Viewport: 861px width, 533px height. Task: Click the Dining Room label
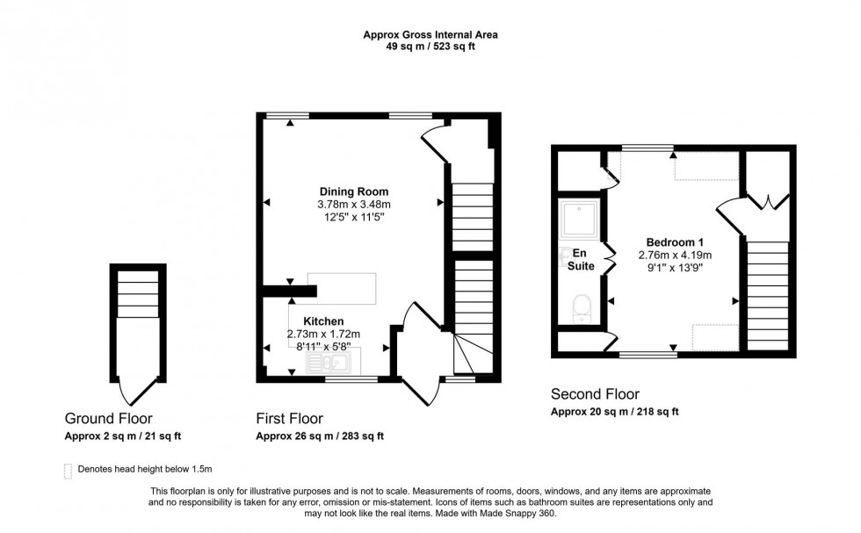353,191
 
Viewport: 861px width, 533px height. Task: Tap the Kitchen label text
323,321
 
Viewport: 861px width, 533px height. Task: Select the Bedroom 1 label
675,242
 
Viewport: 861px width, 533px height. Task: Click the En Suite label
580,259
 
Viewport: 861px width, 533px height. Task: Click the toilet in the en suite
581,308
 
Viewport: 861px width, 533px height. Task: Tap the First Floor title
289,418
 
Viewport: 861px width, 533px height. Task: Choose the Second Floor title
595,394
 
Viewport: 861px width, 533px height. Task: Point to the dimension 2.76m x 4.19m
675,255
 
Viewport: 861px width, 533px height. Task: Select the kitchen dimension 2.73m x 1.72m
323,334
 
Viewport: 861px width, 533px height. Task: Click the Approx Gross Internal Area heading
430,35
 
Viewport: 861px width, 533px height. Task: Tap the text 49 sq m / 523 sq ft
430,47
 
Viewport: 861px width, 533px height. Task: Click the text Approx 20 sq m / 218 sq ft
614,411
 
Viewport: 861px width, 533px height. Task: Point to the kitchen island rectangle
342,289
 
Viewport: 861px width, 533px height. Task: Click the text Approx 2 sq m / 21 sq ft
122,436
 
